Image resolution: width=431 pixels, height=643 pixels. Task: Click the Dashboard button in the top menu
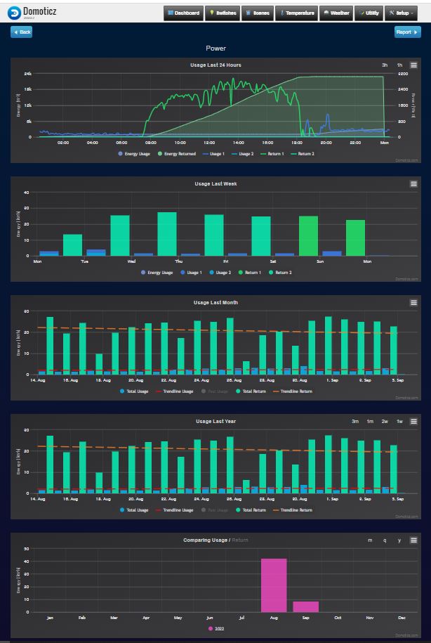pyautogui.click(x=184, y=13)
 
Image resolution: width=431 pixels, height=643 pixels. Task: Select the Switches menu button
pyautogui.click(x=223, y=13)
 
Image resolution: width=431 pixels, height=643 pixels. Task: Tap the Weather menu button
pyautogui.click(x=336, y=13)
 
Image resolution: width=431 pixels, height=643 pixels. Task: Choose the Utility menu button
pyautogui.click(x=369, y=13)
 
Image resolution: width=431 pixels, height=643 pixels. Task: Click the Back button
pyautogui.click(x=21, y=32)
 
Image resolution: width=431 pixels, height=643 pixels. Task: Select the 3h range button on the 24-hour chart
pyautogui.click(x=385, y=65)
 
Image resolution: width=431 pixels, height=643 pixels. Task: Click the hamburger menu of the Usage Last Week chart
pyautogui.click(x=413, y=183)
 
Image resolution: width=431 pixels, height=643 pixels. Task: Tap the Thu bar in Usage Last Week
pyautogui.click(x=167, y=234)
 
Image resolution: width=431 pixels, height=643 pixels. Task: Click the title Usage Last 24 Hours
pyautogui.click(x=215, y=65)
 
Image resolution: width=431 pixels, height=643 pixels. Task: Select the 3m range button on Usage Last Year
pyautogui.click(x=355, y=421)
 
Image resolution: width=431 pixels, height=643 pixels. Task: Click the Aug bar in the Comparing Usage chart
pyautogui.click(x=274, y=585)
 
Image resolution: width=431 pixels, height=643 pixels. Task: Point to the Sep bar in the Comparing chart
pyautogui.click(x=305, y=606)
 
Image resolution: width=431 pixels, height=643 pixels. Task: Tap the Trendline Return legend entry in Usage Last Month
pyautogui.click(x=295, y=391)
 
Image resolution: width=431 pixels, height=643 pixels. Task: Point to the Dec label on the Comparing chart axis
pyautogui.click(x=401, y=618)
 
